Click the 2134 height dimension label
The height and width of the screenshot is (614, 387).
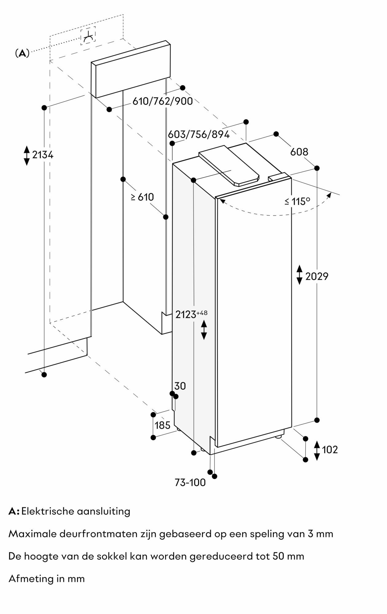(x=43, y=155)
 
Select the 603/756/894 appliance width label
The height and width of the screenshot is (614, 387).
(x=199, y=134)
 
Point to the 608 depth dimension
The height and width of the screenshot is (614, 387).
(x=299, y=152)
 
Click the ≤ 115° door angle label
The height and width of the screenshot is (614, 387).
(x=297, y=201)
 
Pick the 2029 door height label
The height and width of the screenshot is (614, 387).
(x=317, y=277)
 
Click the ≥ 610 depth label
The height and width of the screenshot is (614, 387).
(x=142, y=197)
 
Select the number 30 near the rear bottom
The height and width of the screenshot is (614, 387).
(x=180, y=386)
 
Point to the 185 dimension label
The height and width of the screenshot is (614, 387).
(x=162, y=425)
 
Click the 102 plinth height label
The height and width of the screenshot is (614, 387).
(x=330, y=450)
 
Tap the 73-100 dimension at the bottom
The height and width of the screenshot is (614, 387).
(x=190, y=483)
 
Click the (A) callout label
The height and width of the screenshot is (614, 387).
(x=22, y=53)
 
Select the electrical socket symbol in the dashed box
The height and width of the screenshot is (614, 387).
(x=88, y=36)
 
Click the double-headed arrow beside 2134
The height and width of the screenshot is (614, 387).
(x=27, y=155)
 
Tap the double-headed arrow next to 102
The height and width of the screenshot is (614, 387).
(x=317, y=450)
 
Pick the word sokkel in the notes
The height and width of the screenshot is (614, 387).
(x=112, y=556)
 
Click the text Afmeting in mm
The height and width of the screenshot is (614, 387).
(x=46, y=579)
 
